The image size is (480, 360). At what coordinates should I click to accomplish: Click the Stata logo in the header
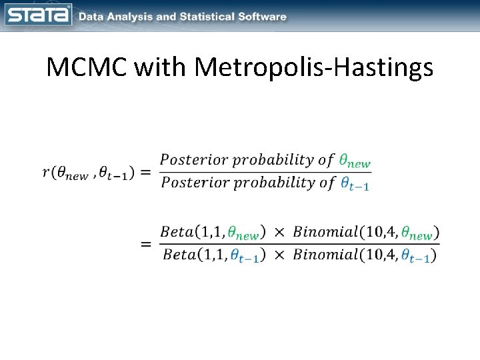(38, 15)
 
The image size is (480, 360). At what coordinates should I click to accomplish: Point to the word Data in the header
(93, 17)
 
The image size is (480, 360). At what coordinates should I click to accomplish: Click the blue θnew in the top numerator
(354, 161)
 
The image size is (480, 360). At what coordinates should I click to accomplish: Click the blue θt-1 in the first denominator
(354, 184)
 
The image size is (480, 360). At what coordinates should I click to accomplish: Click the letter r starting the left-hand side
(45, 173)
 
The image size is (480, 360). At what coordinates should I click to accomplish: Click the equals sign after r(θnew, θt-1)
(145, 173)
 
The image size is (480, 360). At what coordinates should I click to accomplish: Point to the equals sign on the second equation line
(145, 244)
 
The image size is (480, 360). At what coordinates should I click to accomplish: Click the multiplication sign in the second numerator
(279, 233)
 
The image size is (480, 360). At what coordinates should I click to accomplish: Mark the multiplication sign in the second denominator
(279, 255)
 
